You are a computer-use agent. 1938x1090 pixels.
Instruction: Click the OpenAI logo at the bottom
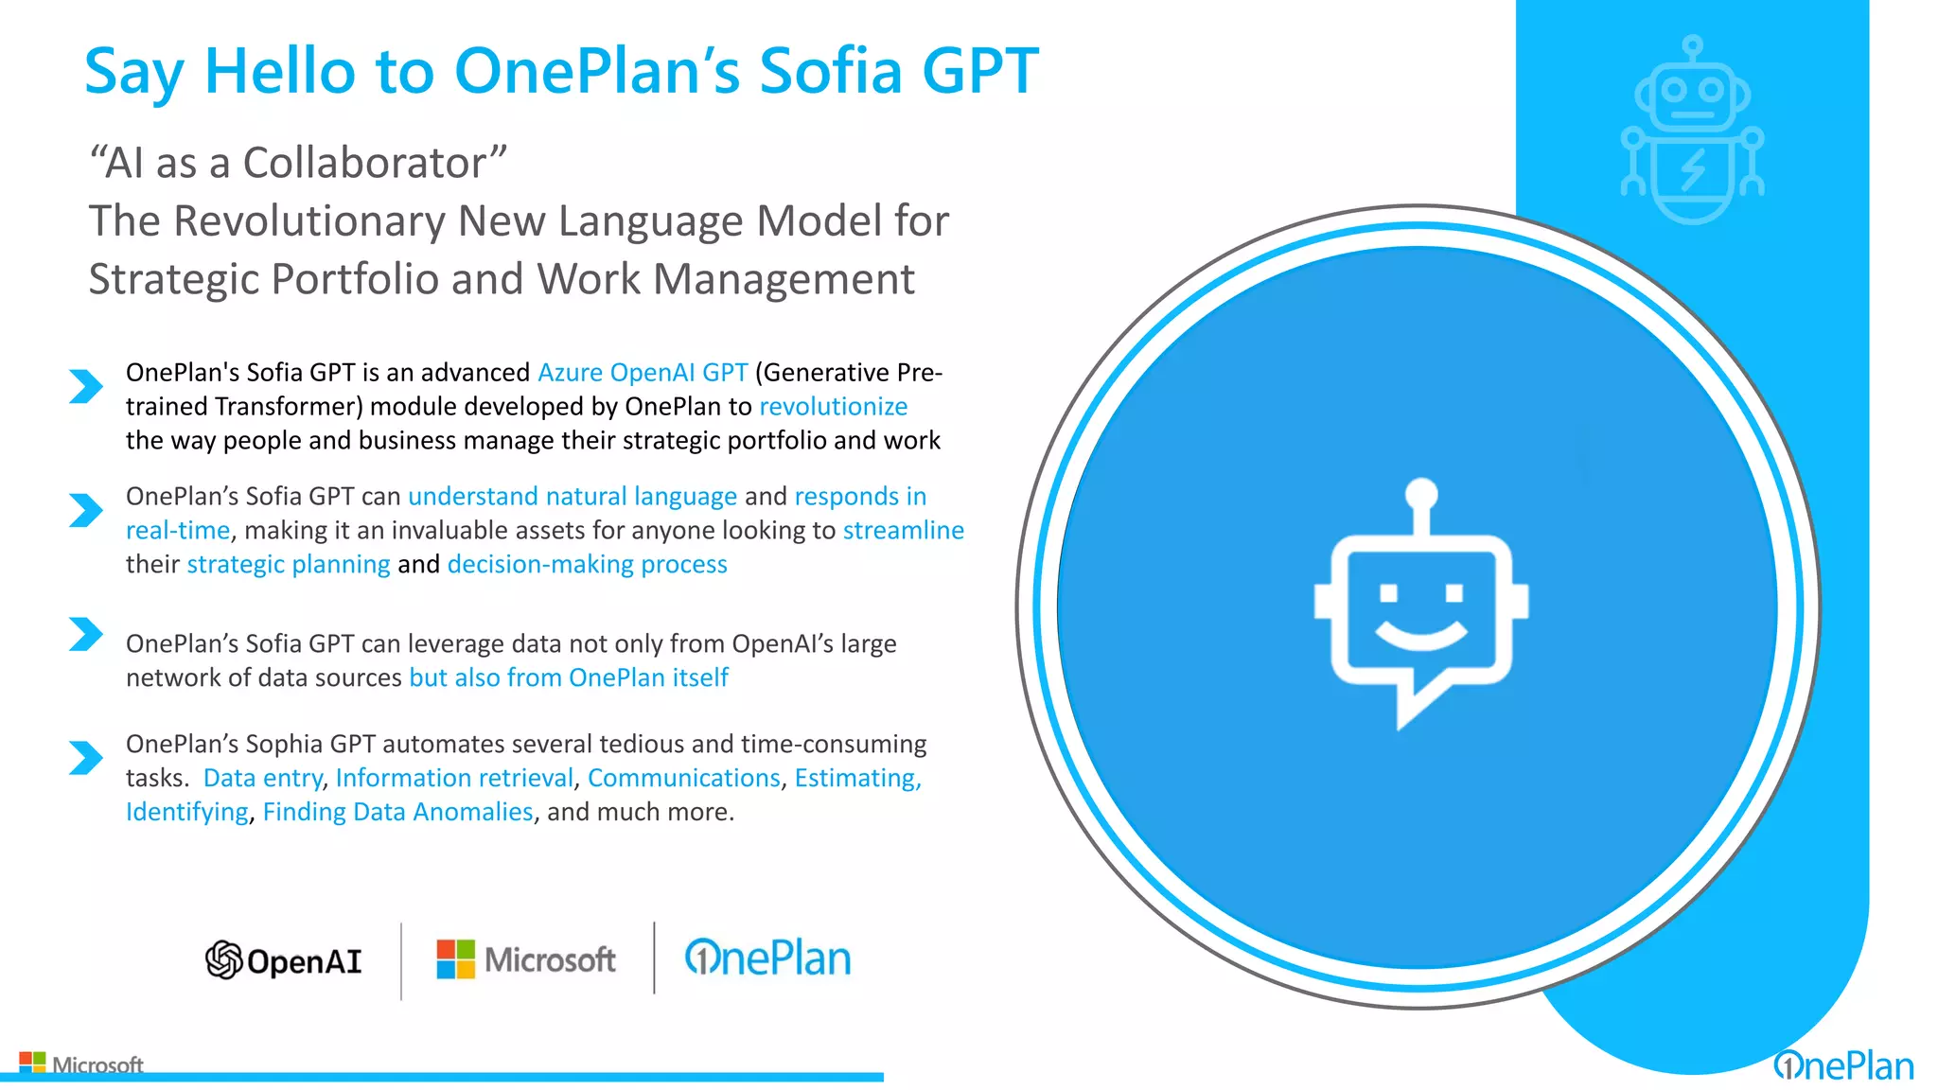[x=284, y=960]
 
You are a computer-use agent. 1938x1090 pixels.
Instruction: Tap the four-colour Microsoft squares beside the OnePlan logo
[x=455, y=959]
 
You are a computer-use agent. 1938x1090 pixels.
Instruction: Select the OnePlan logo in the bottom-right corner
[x=1843, y=1066]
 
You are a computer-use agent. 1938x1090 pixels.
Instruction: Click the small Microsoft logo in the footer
[x=81, y=1064]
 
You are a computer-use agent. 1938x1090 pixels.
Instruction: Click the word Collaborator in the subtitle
[x=365, y=163]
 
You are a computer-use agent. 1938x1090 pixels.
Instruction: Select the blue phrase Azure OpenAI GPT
[x=643, y=373]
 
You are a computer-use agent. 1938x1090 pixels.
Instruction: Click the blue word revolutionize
[x=833, y=407]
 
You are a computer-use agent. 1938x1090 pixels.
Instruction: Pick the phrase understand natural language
[x=572, y=497]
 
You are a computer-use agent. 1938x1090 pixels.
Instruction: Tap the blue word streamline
[x=903, y=531]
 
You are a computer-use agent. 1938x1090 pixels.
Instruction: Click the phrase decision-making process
[x=587, y=565]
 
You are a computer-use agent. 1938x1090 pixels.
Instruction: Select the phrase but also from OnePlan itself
[x=568, y=678]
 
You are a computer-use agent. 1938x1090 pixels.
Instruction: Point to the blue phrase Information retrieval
[x=454, y=779]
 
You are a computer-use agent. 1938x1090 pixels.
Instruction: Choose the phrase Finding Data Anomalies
[x=397, y=813]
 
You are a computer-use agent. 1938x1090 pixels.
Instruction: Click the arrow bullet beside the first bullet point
[x=85, y=386]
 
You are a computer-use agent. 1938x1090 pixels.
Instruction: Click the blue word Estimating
[x=856, y=779]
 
